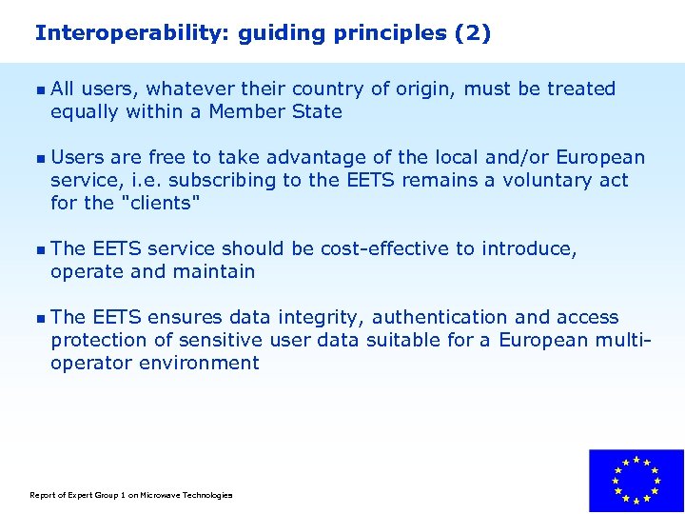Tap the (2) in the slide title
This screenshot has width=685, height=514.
pos(473,33)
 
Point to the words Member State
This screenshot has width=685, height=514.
pos(275,111)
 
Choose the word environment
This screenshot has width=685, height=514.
pos(199,363)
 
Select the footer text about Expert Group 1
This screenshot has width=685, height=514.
pos(131,495)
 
